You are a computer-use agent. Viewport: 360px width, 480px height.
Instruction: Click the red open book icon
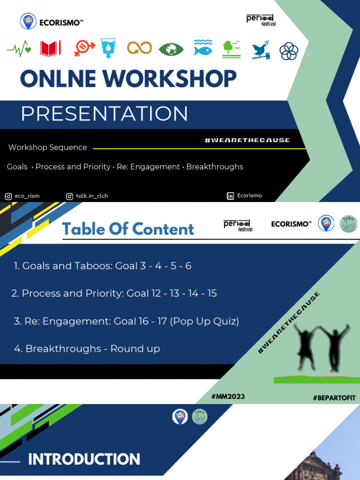pos(51,48)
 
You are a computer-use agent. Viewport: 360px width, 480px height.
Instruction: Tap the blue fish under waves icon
pos(202,47)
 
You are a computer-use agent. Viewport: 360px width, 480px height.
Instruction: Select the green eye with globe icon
pos(171,49)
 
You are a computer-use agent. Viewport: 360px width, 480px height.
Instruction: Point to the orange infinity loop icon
pos(140,47)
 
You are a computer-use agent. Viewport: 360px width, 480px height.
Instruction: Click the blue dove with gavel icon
pos(261,50)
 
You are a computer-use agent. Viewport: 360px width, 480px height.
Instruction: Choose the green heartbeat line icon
pos(19,48)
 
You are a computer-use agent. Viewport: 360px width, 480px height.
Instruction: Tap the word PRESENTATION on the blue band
pos(105,113)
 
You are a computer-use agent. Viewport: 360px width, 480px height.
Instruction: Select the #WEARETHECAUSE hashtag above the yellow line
pos(247,140)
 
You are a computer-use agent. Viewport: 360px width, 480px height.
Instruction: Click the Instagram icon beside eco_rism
pos(8,196)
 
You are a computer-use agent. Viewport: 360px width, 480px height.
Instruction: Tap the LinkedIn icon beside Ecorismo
pos(230,196)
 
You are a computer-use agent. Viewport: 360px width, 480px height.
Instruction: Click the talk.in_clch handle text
pos(92,196)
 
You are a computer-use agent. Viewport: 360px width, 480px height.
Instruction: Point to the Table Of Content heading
pos(128,229)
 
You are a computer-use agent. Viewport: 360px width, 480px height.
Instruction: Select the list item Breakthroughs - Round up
pos(87,349)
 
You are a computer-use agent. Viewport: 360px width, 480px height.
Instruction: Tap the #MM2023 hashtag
pos(228,397)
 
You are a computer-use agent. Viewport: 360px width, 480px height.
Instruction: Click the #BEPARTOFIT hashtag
pos(334,397)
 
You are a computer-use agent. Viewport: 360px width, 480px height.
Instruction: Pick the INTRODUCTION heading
pos(84,459)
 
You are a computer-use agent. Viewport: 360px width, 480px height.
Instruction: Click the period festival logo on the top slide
pos(261,20)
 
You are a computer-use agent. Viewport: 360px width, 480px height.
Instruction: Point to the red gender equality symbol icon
pos(84,48)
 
